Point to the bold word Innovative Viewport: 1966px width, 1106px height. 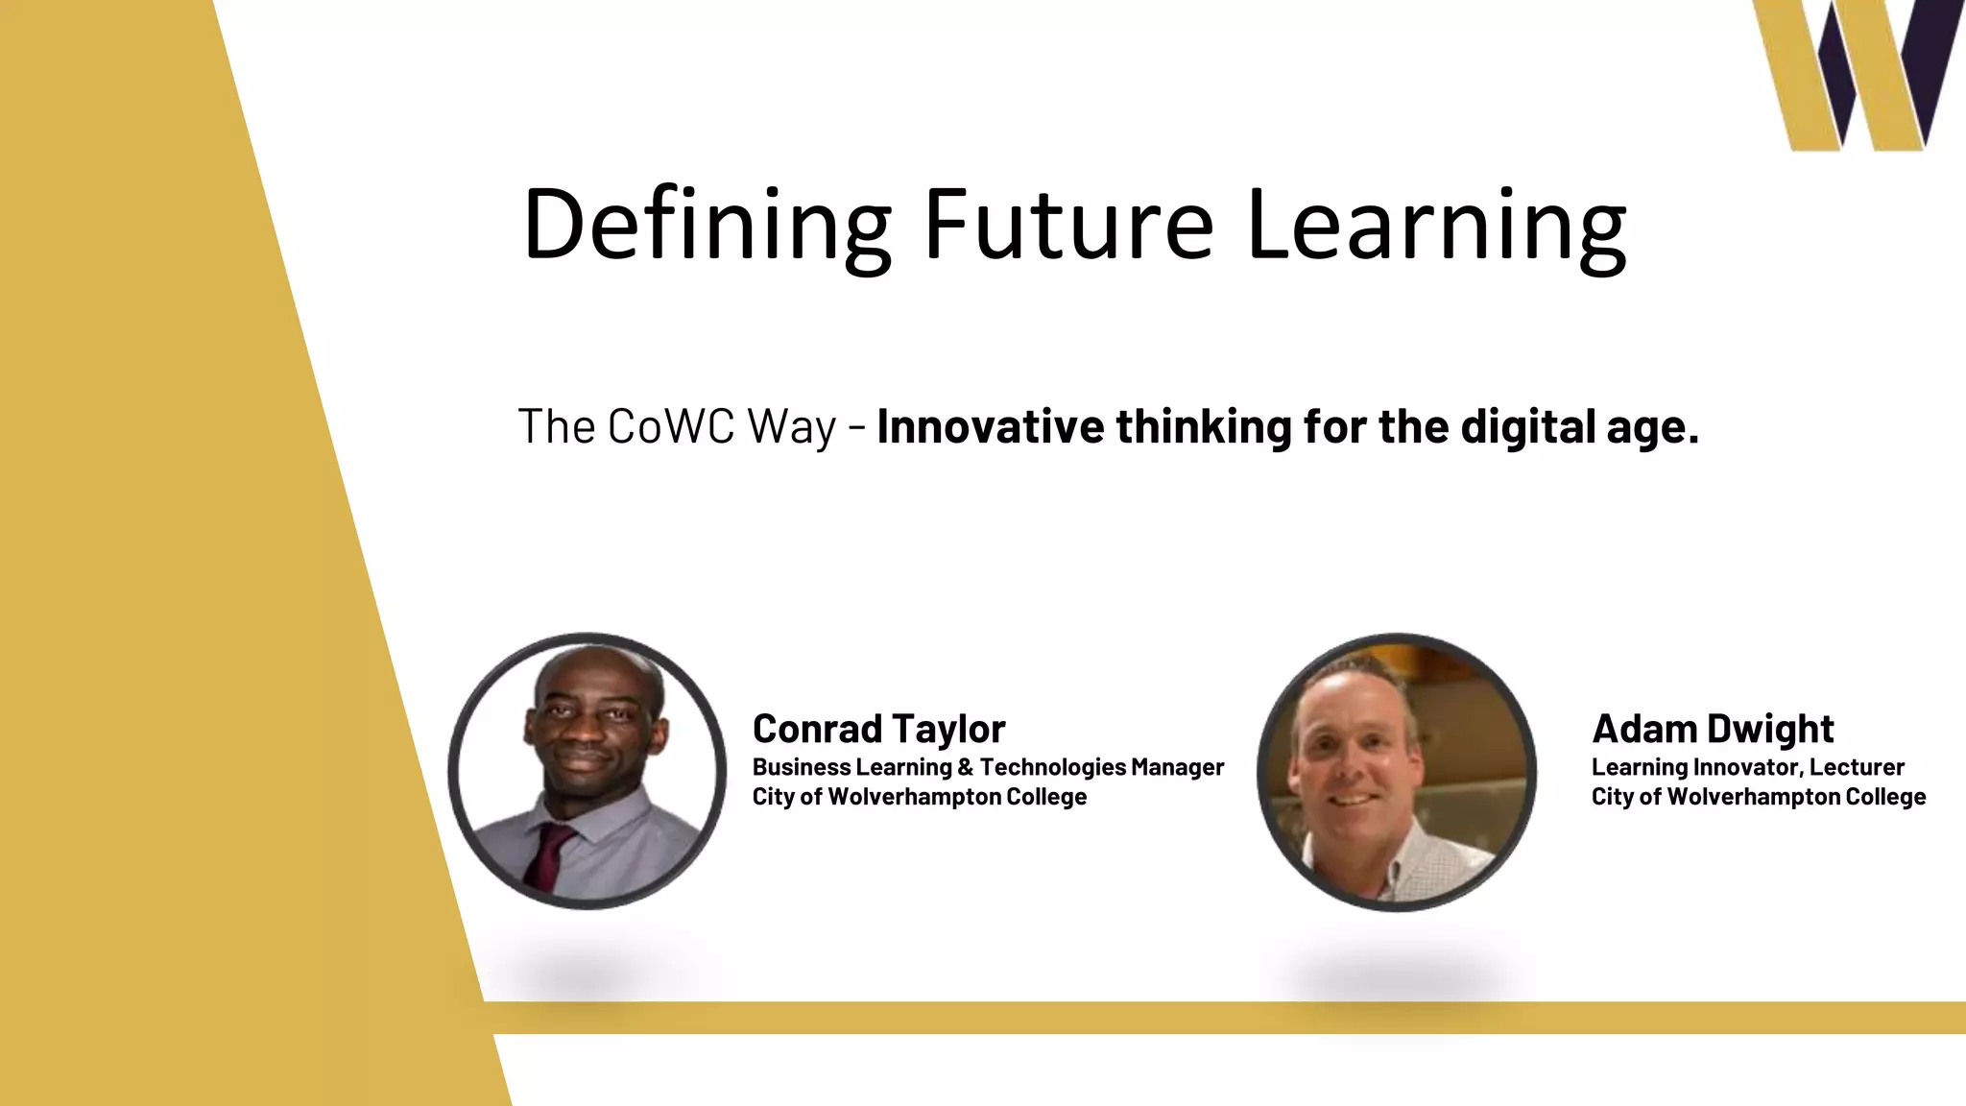990,426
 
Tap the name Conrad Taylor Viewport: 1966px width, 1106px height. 878,729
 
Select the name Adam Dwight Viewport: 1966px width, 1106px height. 1713,729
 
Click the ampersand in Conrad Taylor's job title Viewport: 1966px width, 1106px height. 965,767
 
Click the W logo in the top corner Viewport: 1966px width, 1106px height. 1858,75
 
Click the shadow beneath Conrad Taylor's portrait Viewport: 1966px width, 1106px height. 587,974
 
